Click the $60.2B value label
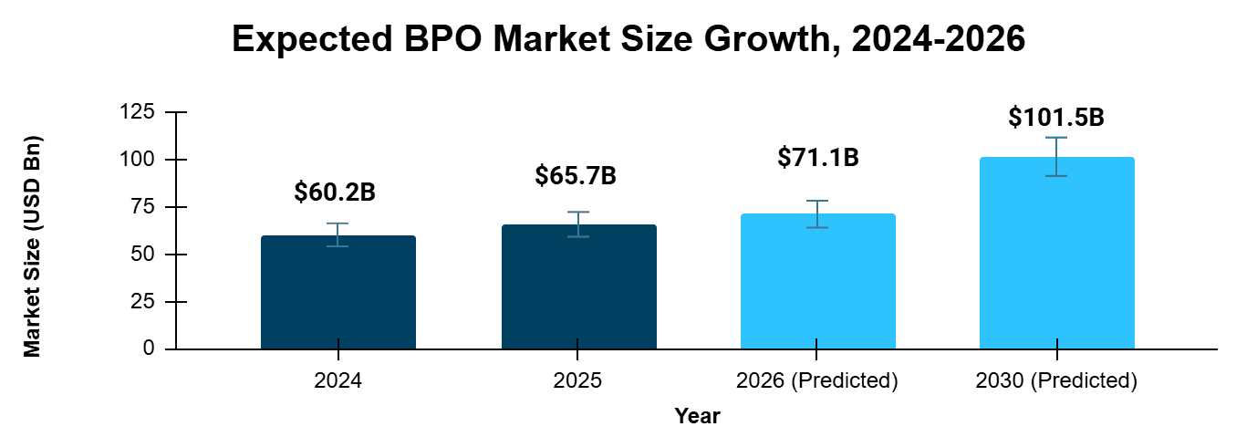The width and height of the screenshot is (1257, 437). (x=335, y=192)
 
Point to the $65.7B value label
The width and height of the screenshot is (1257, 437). (x=576, y=176)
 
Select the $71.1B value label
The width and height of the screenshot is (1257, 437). (x=817, y=157)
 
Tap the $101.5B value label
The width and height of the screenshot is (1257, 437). (x=1056, y=118)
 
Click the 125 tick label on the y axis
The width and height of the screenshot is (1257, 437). (x=137, y=112)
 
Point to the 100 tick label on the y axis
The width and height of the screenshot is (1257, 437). (x=137, y=160)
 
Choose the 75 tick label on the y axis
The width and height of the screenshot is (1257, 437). (x=142, y=207)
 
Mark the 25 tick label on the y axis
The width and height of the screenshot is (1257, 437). (x=142, y=302)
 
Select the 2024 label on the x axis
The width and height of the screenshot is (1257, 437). (x=338, y=380)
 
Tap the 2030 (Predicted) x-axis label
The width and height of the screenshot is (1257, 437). (x=1056, y=380)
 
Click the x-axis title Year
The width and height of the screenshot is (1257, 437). (x=698, y=416)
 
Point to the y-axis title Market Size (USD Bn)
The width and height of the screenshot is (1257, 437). (x=32, y=246)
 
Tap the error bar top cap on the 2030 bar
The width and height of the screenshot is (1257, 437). (x=1056, y=138)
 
